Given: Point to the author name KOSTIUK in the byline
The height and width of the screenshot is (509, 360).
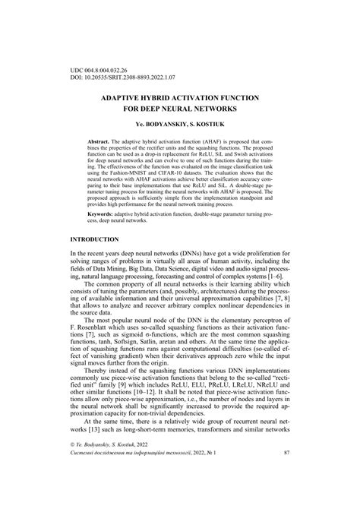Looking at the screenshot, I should (x=204, y=125).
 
